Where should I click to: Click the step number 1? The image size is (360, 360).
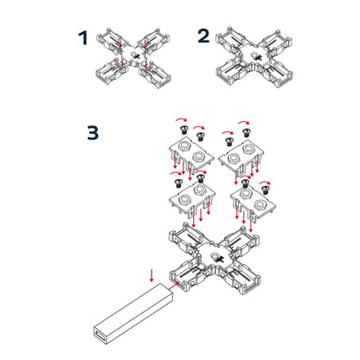[x=83, y=38]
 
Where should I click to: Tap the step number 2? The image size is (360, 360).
[x=203, y=36]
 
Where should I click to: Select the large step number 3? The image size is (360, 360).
[x=94, y=134]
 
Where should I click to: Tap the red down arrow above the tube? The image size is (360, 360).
[x=152, y=276]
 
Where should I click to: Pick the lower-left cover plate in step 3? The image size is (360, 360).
[x=189, y=200]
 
